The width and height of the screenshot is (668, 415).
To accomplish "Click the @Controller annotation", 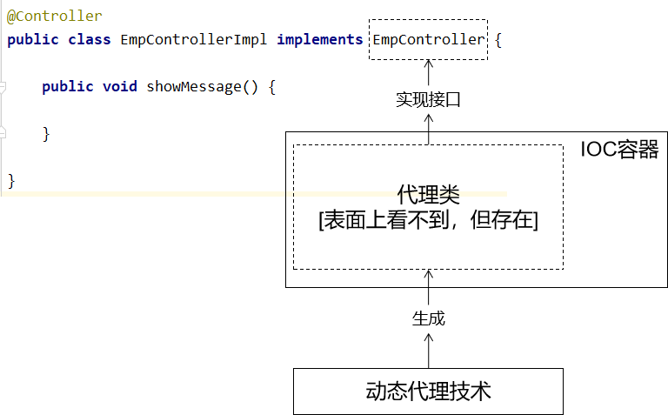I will pos(55,17).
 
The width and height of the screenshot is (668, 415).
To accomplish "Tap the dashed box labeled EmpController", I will pos(428,39).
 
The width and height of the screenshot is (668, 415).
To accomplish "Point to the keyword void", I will pos(119,86).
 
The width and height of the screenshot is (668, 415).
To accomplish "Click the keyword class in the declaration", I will pos(90,39).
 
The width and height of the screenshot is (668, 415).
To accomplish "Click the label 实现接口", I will pos(428,99).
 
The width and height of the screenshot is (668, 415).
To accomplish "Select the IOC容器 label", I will pos(620,150).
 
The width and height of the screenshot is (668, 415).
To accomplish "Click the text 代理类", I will pos(428,193).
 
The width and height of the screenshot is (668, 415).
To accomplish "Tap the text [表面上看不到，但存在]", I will pos(428,221).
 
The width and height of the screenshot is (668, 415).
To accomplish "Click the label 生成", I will pos(428,318).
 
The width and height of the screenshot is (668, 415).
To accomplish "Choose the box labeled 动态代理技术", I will pos(428,391).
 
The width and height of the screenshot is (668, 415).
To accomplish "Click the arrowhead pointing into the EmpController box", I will pos(428,64).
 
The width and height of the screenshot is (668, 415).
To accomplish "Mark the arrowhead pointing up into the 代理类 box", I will pos(428,275).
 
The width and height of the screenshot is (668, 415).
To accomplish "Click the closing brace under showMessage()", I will pos(46,133).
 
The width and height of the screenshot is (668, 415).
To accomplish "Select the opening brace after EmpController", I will pos(498,40).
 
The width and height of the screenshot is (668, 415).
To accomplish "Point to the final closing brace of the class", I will pos(11,180).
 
